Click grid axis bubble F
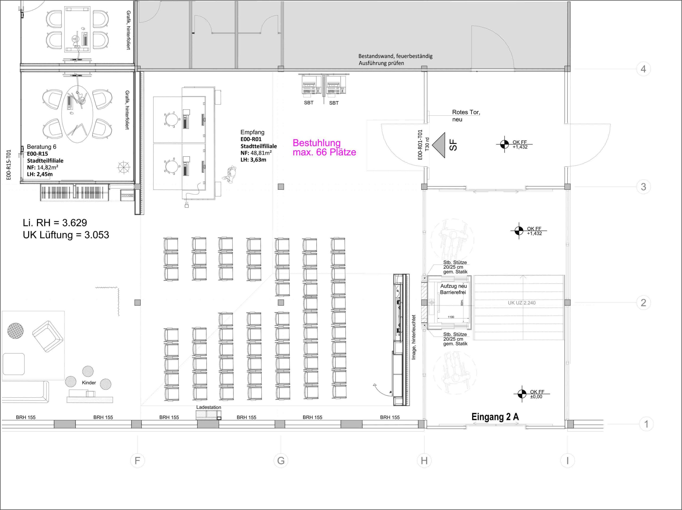(x=137, y=461)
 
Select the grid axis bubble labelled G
(x=281, y=461)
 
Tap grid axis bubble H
(x=424, y=461)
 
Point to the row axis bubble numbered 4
(x=643, y=69)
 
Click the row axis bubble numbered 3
(x=643, y=187)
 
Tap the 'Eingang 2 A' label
(x=495, y=417)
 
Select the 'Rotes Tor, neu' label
(x=466, y=116)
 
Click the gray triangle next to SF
(x=439, y=145)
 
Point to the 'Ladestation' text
(x=209, y=407)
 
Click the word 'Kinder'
(x=89, y=383)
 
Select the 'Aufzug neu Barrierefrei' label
(x=453, y=289)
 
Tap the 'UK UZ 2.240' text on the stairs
(x=522, y=303)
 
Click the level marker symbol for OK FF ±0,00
(x=522, y=394)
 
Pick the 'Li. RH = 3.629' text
(x=55, y=222)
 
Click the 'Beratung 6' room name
(x=42, y=147)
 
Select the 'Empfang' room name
(x=253, y=132)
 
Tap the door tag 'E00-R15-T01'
(x=9, y=165)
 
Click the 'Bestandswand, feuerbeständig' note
(x=395, y=56)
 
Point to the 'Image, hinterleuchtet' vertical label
(x=414, y=337)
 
